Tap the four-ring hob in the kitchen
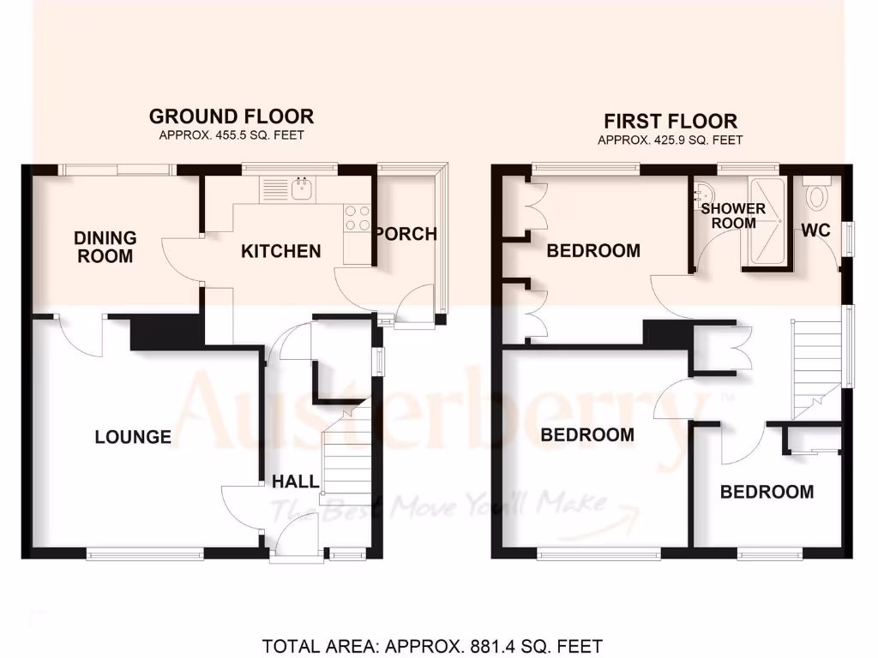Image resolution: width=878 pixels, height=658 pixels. pos(356,218)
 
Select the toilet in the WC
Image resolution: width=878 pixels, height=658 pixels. pos(817,195)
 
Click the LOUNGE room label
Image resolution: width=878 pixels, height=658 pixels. pos(133,437)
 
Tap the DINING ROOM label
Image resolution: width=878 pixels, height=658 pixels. pos(105,246)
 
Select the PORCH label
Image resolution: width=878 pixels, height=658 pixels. pos(406,233)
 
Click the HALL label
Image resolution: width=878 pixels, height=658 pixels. pos(296,482)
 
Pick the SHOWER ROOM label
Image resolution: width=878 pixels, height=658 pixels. pos(733,216)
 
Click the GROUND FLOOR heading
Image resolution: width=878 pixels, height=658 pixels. pos(232,116)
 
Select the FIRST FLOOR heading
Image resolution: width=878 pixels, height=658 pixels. pos(671,121)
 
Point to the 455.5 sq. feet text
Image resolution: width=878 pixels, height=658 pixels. pos(232,135)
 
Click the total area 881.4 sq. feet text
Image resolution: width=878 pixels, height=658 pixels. pos(432,645)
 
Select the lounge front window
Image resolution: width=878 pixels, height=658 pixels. pos(146,554)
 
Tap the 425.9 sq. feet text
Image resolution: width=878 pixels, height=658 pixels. pos(671,141)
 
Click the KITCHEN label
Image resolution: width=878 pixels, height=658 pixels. pos(280,251)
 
